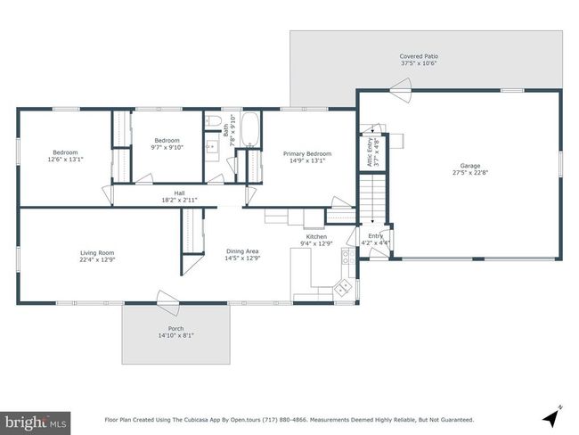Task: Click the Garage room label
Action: coord(470,166)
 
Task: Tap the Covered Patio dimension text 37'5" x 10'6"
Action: coord(419,63)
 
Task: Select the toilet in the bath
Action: coord(213,120)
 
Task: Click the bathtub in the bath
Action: coord(250,130)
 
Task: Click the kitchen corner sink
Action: coord(343,287)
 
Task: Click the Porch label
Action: coord(175,328)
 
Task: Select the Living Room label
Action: coord(97,253)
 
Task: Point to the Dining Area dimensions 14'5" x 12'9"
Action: coord(242,258)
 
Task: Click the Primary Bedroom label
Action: coord(307,153)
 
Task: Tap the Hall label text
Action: coord(179,193)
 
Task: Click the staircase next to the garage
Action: coord(372,198)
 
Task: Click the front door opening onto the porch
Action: coord(168,299)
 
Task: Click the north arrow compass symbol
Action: coord(552,416)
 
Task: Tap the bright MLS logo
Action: coord(35,423)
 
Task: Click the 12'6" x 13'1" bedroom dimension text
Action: coord(66,160)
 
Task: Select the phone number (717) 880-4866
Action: coord(285,420)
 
